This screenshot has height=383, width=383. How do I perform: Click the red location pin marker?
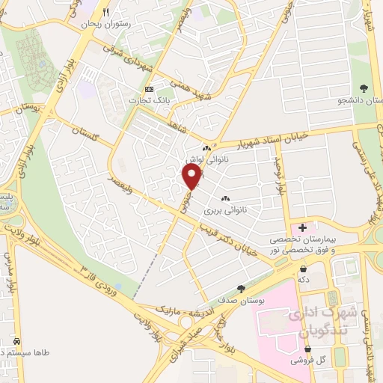coord(192,177)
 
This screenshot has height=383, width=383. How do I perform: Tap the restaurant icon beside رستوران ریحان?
coord(106,12)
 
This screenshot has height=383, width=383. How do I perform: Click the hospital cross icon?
coord(303,227)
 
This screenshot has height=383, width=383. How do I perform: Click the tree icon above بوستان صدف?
coord(241,288)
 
